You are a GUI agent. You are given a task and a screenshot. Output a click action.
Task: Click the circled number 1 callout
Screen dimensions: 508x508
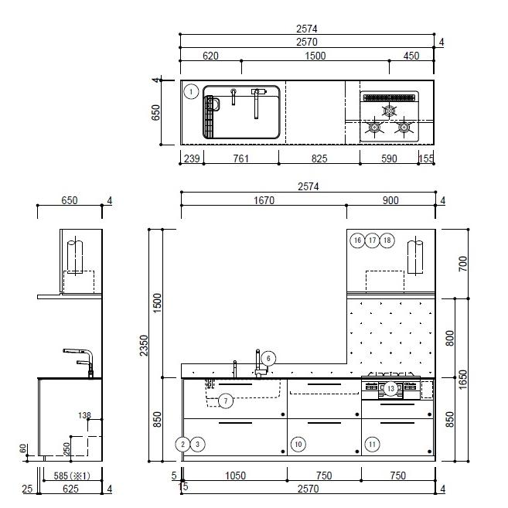(191, 92)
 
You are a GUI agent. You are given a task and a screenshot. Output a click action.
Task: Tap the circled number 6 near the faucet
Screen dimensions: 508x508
(268, 359)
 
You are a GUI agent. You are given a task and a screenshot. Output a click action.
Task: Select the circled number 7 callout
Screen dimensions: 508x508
(226, 401)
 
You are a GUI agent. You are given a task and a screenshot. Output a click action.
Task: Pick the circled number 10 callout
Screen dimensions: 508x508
(298, 444)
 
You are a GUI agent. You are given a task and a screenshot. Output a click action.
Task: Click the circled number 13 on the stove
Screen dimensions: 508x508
(390, 388)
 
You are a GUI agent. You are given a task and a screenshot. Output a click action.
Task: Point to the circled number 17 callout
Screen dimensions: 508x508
(372, 240)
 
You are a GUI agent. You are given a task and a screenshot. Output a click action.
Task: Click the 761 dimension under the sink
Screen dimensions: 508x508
(241, 159)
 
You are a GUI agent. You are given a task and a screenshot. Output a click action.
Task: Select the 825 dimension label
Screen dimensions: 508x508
(319, 159)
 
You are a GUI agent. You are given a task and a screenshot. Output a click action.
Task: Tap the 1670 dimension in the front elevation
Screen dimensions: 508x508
(264, 200)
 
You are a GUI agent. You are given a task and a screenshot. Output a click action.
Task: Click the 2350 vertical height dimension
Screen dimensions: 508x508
(144, 346)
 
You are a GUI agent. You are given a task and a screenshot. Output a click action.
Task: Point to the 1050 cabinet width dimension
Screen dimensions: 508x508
(235, 476)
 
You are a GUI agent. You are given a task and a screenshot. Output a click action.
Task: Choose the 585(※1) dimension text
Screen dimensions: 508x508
(72, 476)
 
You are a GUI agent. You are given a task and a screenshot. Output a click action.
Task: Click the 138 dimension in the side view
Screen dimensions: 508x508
(84, 415)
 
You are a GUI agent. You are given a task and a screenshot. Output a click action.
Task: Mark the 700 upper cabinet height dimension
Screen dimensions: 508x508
(463, 264)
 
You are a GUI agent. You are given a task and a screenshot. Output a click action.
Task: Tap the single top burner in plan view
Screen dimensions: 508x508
(389, 111)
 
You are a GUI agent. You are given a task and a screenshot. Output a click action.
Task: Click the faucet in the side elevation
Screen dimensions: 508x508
(80, 363)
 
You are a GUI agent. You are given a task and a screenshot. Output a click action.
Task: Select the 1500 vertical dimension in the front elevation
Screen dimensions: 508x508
(157, 303)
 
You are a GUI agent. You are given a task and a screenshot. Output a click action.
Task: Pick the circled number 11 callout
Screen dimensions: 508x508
(372, 444)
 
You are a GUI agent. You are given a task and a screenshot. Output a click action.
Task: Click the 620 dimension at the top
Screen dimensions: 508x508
(210, 56)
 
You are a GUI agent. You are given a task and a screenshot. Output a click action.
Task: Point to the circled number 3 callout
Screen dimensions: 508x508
(198, 444)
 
